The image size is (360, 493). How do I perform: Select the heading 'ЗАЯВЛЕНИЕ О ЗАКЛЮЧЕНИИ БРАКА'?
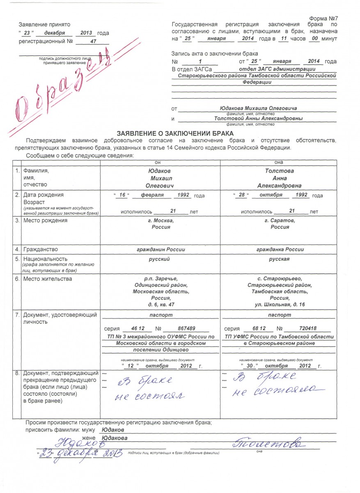[x=175, y=133]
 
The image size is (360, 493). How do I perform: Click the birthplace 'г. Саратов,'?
[x=280, y=221]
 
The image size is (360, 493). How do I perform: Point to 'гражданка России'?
[x=280, y=249]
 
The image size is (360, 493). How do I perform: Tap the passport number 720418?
[x=307, y=329]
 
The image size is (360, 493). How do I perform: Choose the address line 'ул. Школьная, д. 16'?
[x=280, y=304]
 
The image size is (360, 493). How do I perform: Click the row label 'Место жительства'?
[x=48, y=279]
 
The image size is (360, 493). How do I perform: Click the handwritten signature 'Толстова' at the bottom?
[x=269, y=444]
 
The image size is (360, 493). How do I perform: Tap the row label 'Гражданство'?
[x=41, y=249]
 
